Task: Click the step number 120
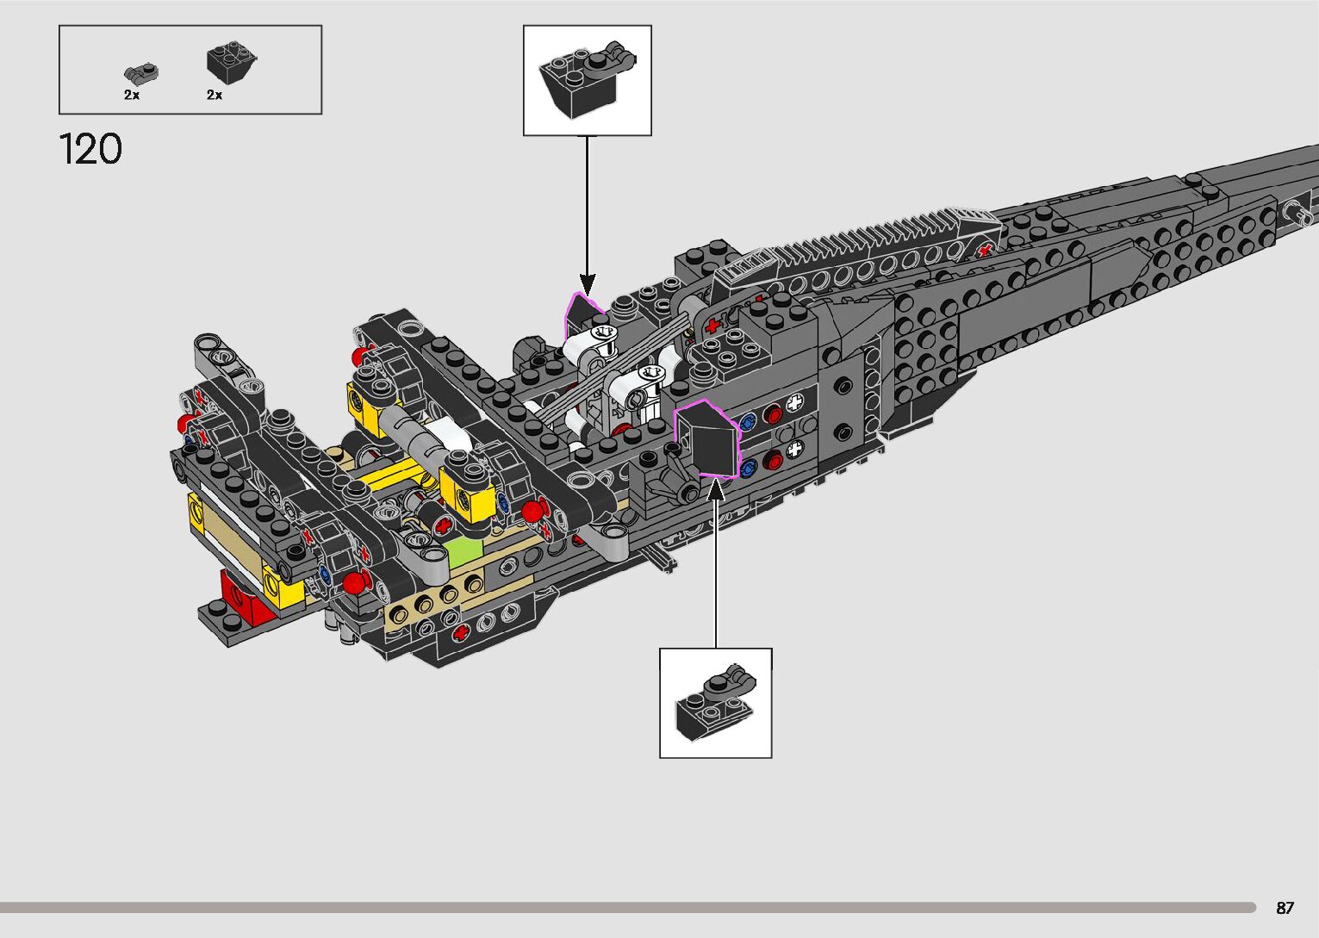tap(90, 149)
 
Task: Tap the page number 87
tap(1285, 908)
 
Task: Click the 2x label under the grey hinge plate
tap(132, 96)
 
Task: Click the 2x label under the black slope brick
tap(215, 96)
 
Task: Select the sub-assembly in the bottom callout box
tap(715, 701)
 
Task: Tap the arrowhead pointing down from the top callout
tap(588, 283)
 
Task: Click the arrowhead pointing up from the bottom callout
tap(715, 490)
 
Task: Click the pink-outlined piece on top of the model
tap(583, 314)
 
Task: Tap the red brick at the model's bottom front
tap(240, 594)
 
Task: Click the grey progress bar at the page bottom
tap(627, 907)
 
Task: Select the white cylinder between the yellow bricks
tap(447, 436)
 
